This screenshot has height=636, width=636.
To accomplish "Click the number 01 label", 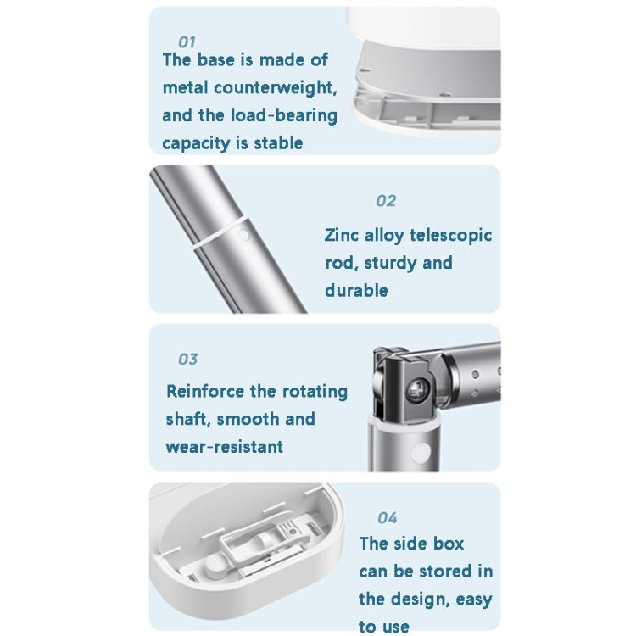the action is point(187,42).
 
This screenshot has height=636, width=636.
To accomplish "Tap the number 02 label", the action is point(386,201).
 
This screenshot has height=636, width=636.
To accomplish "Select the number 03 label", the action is point(187,360).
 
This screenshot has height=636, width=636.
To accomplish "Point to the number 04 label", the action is point(387,518).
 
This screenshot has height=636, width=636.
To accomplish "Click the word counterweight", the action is point(275,88).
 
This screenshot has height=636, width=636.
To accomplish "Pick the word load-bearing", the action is point(284,115).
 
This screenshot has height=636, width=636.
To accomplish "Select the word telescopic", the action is point(450,236).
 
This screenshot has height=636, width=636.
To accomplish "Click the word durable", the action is point(356,291).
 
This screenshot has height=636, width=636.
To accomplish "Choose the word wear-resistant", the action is point(225,447).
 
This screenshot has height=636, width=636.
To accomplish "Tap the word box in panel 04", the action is point(448,544).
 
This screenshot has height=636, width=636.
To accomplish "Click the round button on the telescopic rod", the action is point(243,235).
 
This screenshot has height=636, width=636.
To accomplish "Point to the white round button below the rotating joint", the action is point(421,450).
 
